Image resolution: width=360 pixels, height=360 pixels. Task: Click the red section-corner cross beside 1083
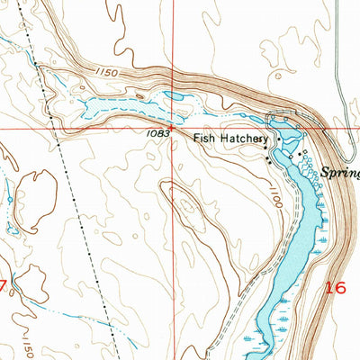click(175, 129)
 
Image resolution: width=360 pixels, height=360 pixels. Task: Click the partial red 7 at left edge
click(4, 287)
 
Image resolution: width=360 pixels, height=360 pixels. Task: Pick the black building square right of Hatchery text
click(279, 139)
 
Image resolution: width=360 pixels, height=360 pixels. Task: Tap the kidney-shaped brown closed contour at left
click(34, 193)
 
